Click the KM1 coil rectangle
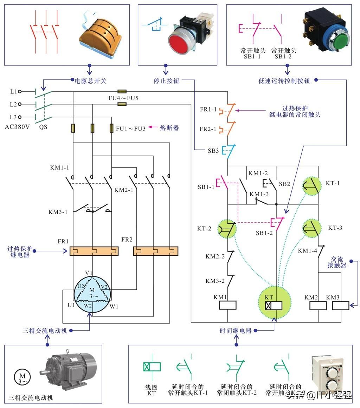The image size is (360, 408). click(227, 305)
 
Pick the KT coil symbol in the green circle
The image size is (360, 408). click(274, 305)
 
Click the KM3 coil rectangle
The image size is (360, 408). click(340, 305)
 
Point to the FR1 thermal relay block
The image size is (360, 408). click(94, 251)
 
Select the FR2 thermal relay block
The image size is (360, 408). click(155, 251)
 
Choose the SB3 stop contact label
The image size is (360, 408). click(213, 151)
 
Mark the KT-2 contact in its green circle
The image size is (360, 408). click(227, 229)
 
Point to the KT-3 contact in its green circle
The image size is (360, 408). click(312, 229)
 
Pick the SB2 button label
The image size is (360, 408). click(284, 184)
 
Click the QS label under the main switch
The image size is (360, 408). click(43, 127)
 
